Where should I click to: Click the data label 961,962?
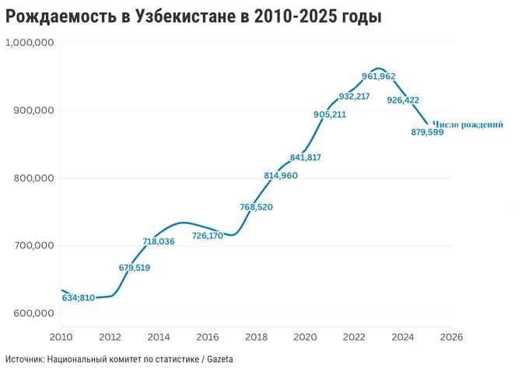click(x=379, y=76)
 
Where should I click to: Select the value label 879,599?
click(x=427, y=132)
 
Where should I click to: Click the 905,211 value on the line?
click(x=330, y=114)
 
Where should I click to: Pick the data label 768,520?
click(x=256, y=207)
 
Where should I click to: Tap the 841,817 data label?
click(x=305, y=157)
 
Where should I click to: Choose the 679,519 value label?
click(x=135, y=267)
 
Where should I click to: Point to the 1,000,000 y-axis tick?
click(x=29, y=43)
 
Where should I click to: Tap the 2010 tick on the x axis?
click(x=61, y=337)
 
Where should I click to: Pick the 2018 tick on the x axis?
click(x=256, y=337)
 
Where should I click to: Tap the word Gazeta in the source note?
click(x=219, y=359)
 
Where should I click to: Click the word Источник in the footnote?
click(x=24, y=359)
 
